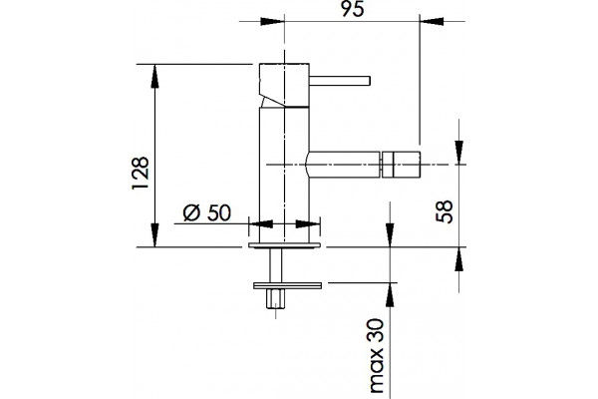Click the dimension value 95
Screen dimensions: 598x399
[x=353, y=9]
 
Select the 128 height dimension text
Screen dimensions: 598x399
[x=141, y=173]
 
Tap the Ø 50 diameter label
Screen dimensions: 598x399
[x=206, y=212]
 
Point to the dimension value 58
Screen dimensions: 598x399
[x=445, y=211]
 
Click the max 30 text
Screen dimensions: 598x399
[x=376, y=355]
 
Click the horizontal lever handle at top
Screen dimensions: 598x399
[x=340, y=81]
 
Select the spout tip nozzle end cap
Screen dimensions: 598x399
[x=401, y=165]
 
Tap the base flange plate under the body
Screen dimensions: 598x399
[x=284, y=245]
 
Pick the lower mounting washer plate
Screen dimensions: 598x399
[x=288, y=285]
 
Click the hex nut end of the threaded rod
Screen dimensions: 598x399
[x=276, y=299]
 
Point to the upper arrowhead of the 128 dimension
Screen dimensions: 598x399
[x=154, y=77]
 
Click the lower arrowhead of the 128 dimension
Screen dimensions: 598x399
[x=154, y=235]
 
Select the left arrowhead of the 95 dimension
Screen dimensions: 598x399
[x=272, y=21]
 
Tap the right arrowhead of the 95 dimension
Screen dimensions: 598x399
[x=432, y=21]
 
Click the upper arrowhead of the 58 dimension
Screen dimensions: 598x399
[x=459, y=153]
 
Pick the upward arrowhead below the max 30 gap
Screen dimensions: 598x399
[x=390, y=295]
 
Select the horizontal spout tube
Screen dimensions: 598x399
[x=345, y=165]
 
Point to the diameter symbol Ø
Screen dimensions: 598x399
[x=191, y=212]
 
